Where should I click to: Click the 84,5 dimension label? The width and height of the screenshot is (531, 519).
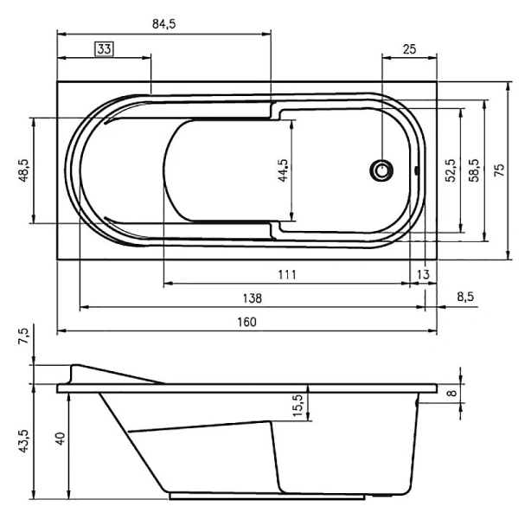tap(164, 24)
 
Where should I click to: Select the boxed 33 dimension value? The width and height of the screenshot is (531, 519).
tap(104, 49)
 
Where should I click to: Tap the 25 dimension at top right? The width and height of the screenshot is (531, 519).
tap(409, 49)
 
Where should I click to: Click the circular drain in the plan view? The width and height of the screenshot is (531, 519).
tap(381, 170)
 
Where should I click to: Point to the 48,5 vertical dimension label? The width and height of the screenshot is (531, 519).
tap(24, 170)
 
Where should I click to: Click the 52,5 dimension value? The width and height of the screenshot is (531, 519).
tap(451, 170)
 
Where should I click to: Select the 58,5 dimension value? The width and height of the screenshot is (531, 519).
tap(474, 170)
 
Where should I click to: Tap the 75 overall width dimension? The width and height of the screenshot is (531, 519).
tap(498, 170)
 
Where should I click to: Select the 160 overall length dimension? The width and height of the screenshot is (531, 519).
tap(246, 322)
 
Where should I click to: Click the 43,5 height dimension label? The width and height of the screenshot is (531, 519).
tap(24, 442)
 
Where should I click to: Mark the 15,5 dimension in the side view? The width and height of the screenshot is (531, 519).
tap(298, 405)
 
